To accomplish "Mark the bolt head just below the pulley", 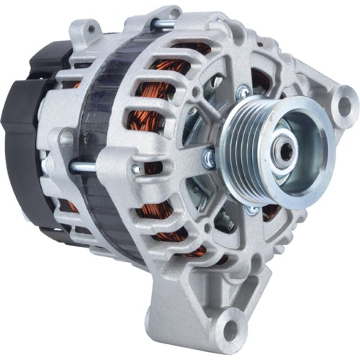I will click(251, 210).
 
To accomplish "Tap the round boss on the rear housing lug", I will click(66, 136).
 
